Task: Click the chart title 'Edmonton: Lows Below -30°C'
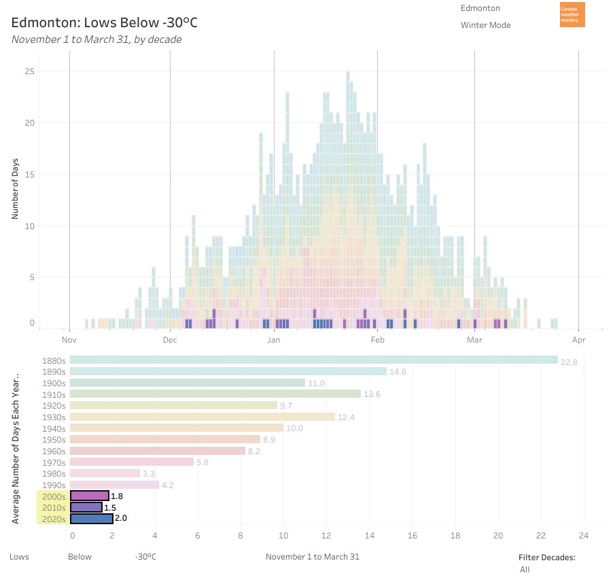[x=104, y=22]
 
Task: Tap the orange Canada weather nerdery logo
[x=572, y=15]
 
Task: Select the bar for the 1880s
[x=313, y=360]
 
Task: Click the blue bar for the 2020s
[x=91, y=518]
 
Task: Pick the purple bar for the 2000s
[x=89, y=496]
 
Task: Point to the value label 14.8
[x=398, y=372]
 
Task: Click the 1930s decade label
[x=54, y=417]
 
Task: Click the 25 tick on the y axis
[x=29, y=71]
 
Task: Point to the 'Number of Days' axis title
[x=15, y=188]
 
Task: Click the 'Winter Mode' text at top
[x=485, y=25]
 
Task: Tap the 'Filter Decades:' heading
[x=547, y=557]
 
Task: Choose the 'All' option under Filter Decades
[x=525, y=570]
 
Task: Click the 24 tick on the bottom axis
[x=584, y=535]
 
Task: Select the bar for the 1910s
[x=215, y=394]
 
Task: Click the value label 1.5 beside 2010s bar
[x=109, y=507]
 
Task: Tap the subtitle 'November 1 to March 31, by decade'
[x=97, y=39]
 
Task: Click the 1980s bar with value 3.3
[x=105, y=473]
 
